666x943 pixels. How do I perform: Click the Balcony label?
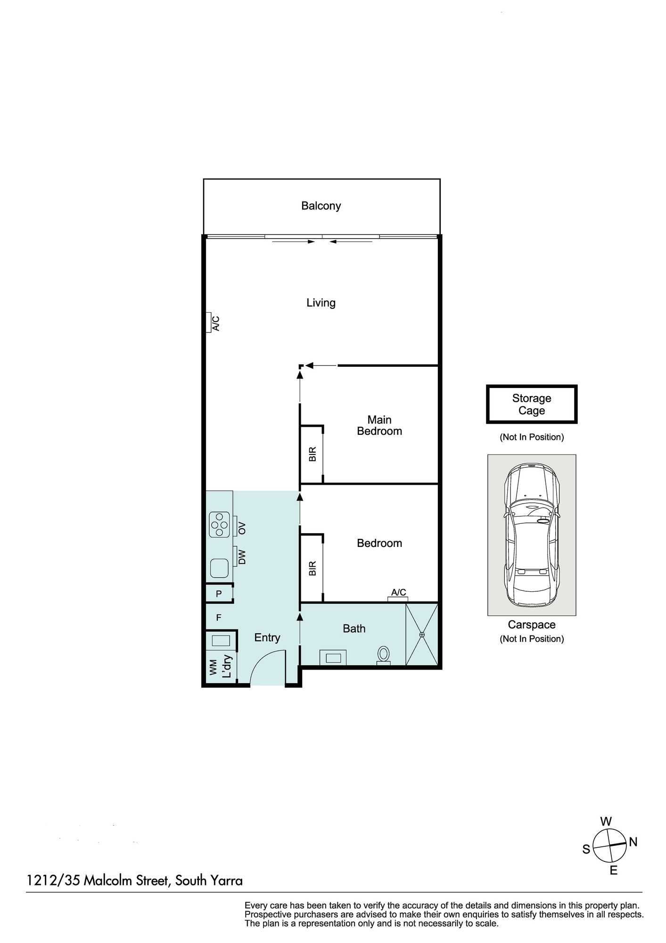click(x=321, y=206)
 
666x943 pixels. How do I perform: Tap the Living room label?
click(x=321, y=303)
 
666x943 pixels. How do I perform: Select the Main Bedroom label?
click(x=379, y=425)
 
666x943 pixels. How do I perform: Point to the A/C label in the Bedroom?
click(x=398, y=592)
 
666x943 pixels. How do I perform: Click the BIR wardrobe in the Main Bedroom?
click(x=312, y=454)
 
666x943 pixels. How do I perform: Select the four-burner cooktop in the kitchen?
click(x=220, y=524)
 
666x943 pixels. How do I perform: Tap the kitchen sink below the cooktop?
click(x=220, y=568)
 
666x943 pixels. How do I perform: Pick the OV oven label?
click(x=242, y=528)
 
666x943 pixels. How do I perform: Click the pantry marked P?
click(x=219, y=594)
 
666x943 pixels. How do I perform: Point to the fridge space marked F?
click(x=219, y=617)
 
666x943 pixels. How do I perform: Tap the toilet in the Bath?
click(x=384, y=655)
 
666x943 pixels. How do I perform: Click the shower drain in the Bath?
click(x=422, y=635)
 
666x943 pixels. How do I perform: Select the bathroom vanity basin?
click(x=333, y=658)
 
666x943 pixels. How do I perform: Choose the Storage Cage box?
click(x=532, y=404)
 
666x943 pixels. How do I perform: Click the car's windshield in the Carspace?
click(x=532, y=510)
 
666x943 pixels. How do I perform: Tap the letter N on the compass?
click(x=633, y=842)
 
